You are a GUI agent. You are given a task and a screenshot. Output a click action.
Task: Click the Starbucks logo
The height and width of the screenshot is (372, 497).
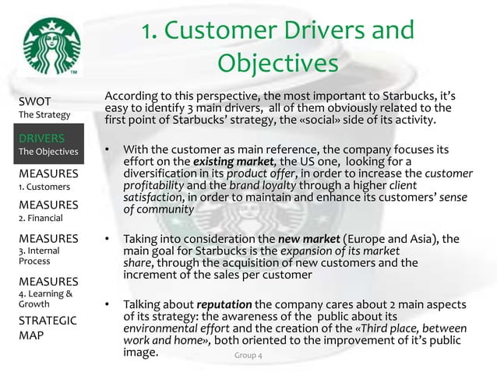pos(48,46)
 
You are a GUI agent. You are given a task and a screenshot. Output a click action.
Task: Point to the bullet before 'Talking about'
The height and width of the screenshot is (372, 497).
pos(108,304)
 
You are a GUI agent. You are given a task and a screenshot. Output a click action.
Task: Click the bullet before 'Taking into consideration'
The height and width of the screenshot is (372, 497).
pos(108,239)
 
